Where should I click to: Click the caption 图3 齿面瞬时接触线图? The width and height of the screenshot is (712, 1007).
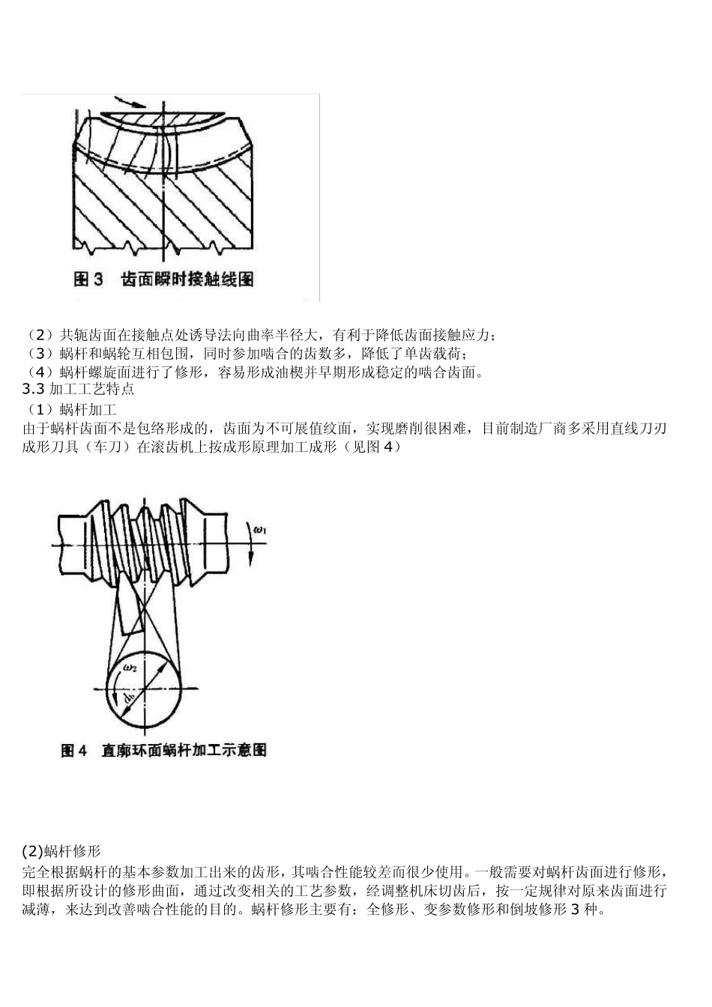point(163,279)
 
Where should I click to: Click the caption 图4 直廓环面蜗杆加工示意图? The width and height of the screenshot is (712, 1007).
point(163,750)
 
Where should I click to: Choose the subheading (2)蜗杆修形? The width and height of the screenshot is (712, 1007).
point(61,852)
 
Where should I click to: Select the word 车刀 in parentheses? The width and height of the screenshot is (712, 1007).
point(113,447)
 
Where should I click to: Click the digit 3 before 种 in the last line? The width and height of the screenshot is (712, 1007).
point(575,910)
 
